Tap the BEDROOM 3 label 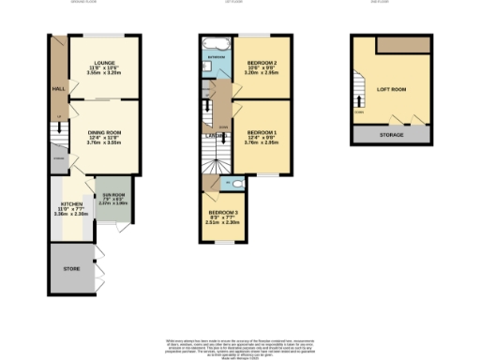point(223,213)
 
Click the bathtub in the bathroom point(215,42)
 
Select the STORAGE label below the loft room point(392,135)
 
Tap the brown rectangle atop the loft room point(402,46)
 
